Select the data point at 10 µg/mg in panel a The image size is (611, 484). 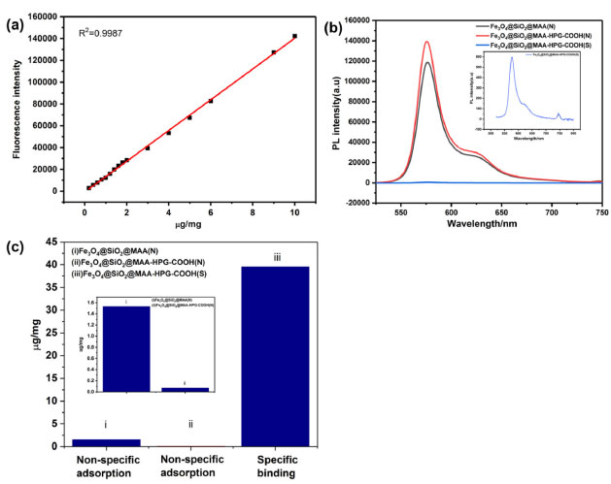(x=294, y=36)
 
